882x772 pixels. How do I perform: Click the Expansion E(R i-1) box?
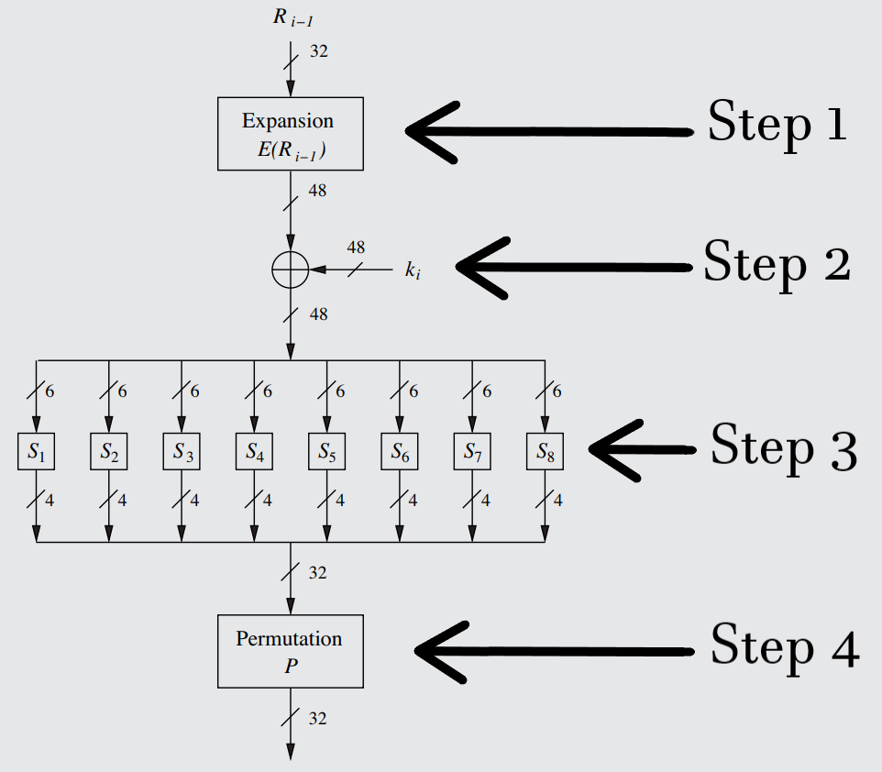[290, 135]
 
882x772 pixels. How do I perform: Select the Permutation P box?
[290, 652]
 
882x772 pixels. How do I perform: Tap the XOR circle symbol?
[290, 270]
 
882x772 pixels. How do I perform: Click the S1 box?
[36, 451]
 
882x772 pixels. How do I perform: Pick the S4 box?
[254, 451]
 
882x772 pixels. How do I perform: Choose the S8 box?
[545, 451]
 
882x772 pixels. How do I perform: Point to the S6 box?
[399, 451]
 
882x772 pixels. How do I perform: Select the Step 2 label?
[776, 265]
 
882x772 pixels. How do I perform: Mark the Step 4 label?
[785, 645]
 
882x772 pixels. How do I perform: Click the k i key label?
[413, 271]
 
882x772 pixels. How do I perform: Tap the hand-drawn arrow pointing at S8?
[642, 449]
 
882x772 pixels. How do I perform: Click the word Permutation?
[289, 639]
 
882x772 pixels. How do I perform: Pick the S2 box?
[109, 451]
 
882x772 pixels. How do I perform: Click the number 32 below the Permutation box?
[317, 718]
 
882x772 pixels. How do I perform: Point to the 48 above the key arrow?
[356, 248]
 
